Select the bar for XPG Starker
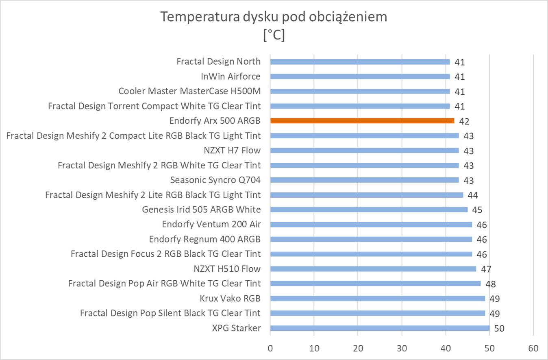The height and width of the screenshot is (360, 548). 380,328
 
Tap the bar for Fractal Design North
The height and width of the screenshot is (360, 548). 360,62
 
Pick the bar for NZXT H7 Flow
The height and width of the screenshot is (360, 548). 364,151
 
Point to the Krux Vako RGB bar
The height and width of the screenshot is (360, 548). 377,298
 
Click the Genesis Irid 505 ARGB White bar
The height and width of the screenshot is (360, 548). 369,209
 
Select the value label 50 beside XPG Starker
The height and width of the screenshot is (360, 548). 499,328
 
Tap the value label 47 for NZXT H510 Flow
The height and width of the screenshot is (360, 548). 486,269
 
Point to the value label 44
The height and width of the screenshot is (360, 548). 472,195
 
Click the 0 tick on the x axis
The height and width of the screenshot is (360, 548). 270,348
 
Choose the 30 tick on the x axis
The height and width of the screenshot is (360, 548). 402,348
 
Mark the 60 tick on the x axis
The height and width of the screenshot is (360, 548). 533,348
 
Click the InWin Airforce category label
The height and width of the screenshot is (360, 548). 231,76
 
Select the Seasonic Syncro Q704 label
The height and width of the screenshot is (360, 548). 215,180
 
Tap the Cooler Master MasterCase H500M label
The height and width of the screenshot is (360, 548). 189,91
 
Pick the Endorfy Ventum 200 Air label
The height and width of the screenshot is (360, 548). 211,224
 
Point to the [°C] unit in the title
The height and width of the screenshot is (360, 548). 274,35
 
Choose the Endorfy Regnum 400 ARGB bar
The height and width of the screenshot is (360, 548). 371,239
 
